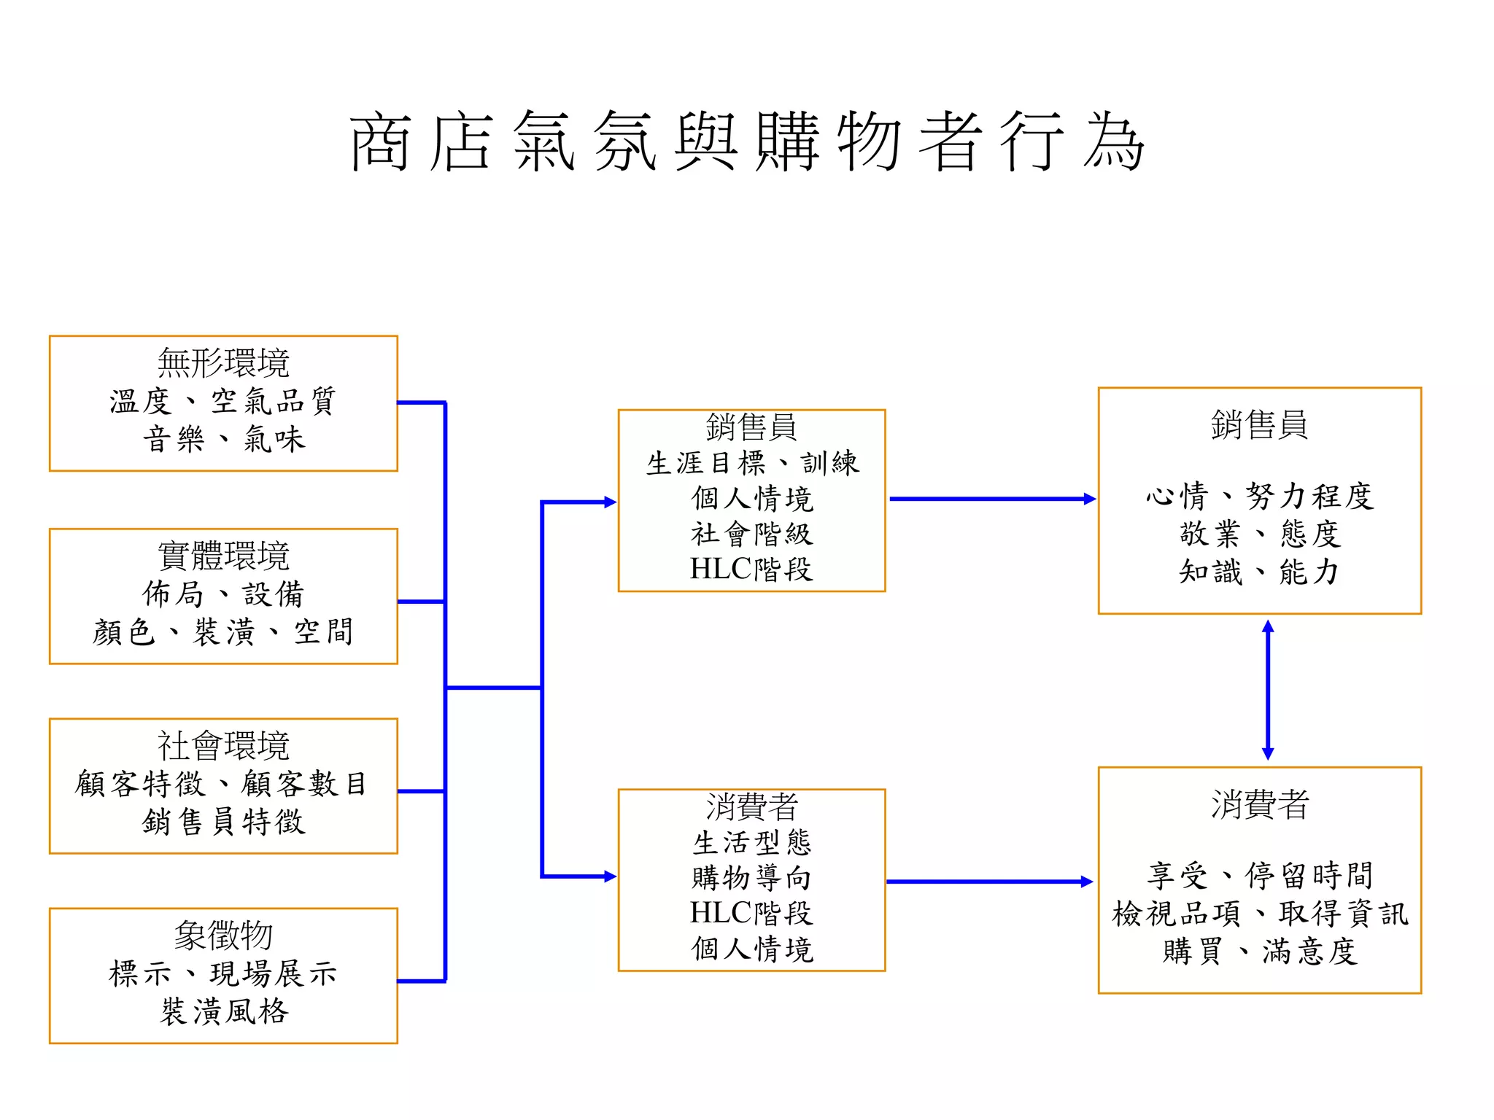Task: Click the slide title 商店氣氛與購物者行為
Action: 747,141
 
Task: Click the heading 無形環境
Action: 223,363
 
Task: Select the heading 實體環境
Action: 223,556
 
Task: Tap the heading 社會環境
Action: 223,745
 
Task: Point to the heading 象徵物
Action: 223,936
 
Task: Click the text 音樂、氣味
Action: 223,439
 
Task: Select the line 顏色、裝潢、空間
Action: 223,631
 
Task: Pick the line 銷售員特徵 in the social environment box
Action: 223,822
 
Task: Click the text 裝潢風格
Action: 223,1011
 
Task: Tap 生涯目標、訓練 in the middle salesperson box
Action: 752,463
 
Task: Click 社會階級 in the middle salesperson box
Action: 752,534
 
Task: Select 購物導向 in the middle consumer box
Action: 752,877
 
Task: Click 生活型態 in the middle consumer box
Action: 752,842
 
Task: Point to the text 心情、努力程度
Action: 1260,497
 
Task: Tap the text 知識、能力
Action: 1260,572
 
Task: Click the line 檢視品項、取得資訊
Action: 1260,913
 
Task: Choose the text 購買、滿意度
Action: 1260,951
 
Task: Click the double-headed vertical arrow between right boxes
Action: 1268,690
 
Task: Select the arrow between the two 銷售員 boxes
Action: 992,499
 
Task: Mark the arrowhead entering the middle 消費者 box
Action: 610,876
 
